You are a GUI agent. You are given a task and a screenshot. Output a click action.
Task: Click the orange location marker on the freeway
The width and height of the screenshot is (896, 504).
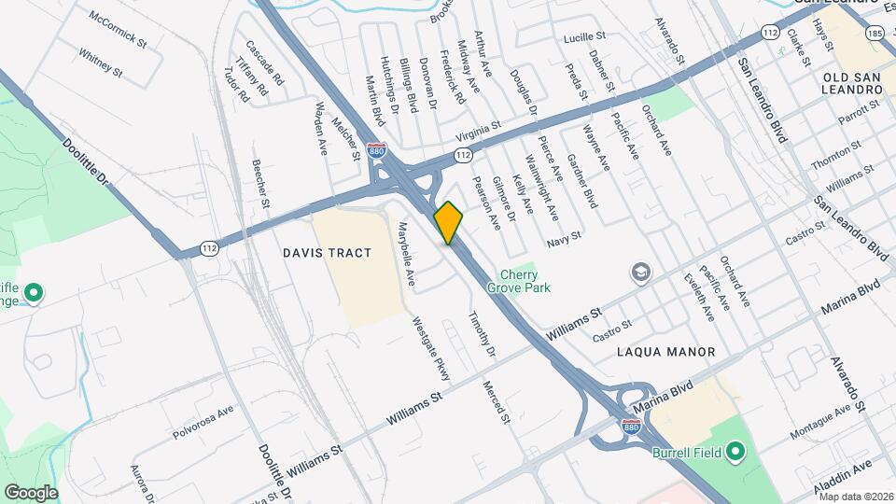pyautogui.click(x=448, y=222)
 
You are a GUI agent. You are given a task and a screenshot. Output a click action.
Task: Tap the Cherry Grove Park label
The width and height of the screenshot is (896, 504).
pyautogui.click(x=524, y=281)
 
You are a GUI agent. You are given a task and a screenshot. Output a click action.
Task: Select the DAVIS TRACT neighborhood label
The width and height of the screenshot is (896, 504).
pyautogui.click(x=327, y=253)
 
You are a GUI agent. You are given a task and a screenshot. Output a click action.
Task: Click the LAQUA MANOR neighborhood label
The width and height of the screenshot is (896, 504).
pyautogui.click(x=665, y=352)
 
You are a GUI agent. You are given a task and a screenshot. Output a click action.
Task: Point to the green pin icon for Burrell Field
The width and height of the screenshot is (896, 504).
pyautogui.click(x=735, y=453)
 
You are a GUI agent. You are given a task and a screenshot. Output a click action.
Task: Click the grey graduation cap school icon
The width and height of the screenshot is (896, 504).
pyautogui.click(x=640, y=272)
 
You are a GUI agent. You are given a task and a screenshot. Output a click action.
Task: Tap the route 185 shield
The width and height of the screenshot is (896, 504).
pyautogui.click(x=875, y=34)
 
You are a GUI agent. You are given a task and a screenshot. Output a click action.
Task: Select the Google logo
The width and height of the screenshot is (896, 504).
pyautogui.click(x=31, y=492)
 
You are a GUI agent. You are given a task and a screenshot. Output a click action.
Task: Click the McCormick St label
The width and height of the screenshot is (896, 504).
pyautogui.click(x=119, y=30)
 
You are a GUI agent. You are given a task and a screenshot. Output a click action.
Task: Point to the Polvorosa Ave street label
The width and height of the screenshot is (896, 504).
pyautogui.click(x=203, y=423)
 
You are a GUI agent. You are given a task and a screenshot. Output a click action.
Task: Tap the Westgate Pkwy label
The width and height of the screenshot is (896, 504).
pyautogui.click(x=431, y=347)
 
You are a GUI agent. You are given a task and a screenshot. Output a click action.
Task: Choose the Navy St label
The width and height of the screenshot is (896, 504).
pyautogui.click(x=564, y=240)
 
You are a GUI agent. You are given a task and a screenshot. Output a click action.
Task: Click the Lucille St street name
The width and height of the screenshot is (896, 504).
pyautogui.click(x=585, y=37)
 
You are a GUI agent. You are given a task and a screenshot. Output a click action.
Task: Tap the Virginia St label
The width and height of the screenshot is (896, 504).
pyautogui.click(x=478, y=127)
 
